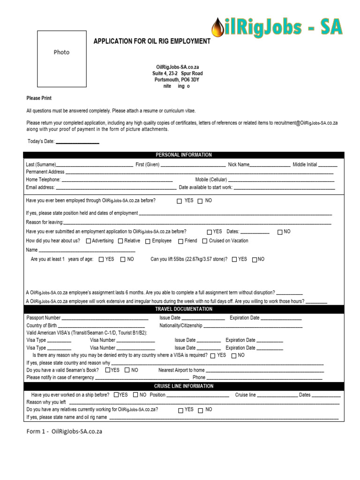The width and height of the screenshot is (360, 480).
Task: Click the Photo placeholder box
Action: (x=61, y=59)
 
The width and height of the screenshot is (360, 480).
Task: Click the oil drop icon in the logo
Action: (x=217, y=28)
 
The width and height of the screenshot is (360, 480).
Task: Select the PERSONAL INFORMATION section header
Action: (x=184, y=155)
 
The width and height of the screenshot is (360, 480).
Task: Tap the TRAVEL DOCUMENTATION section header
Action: (x=184, y=309)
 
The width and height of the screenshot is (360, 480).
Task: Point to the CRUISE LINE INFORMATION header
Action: (x=184, y=386)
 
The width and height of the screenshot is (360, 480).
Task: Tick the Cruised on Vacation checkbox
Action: (x=205, y=241)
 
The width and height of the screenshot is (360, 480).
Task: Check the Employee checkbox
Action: (x=148, y=241)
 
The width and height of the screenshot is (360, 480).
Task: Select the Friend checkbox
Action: (x=181, y=241)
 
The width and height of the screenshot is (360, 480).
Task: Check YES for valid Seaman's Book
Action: (x=108, y=370)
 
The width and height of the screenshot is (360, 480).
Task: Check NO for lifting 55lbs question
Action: (x=255, y=260)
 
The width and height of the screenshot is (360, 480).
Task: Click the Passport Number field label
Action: (x=44, y=318)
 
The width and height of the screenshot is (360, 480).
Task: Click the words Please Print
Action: (x=39, y=98)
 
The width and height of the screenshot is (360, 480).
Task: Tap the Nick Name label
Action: (x=239, y=165)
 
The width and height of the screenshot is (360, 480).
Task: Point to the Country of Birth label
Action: (x=42, y=325)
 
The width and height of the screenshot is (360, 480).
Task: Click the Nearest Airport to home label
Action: (x=181, y=370)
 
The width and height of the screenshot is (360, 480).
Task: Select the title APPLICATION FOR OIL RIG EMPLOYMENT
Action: (x=152, y=41)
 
